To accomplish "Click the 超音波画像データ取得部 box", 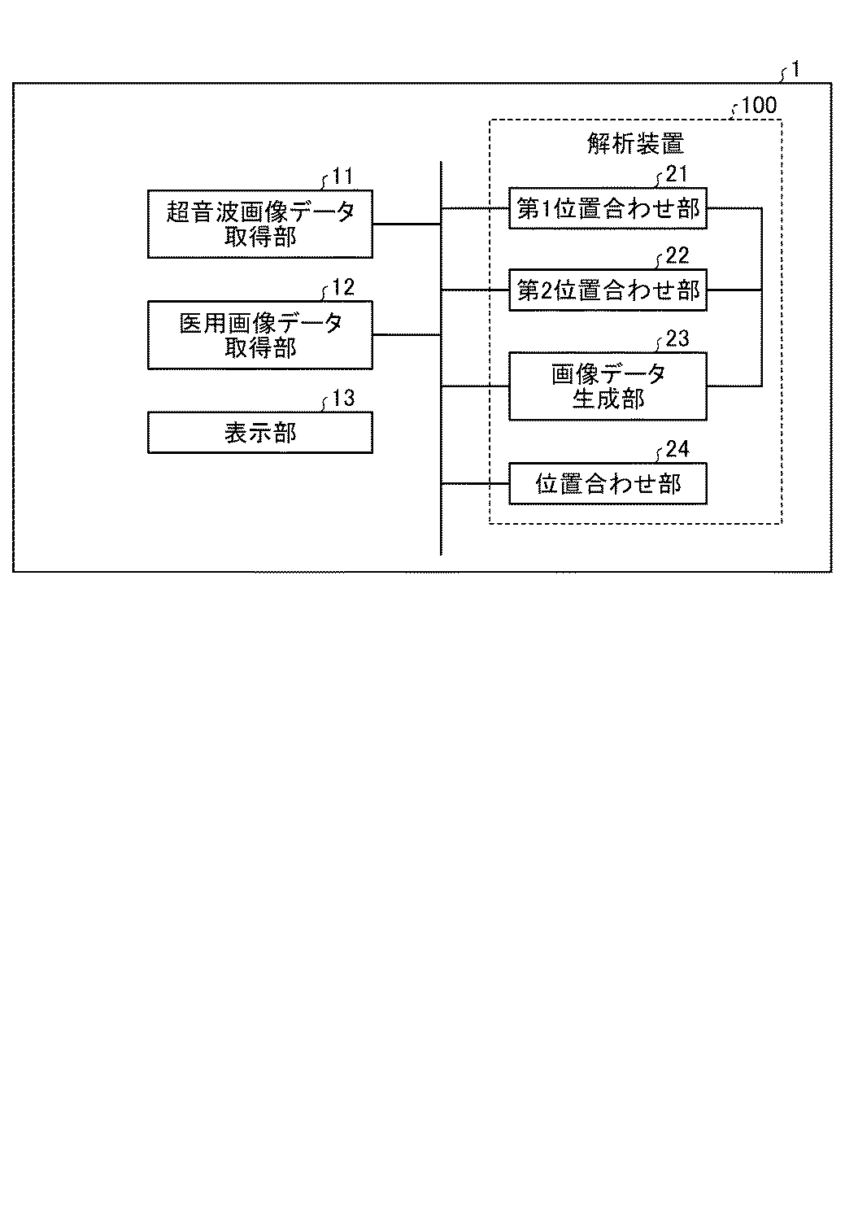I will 260,224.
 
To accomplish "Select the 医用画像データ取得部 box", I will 260,334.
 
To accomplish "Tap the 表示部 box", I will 260,432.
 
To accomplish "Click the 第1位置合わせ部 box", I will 608,208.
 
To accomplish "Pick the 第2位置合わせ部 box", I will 608,290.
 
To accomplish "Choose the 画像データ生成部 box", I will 608,386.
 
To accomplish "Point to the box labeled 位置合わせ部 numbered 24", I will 608,484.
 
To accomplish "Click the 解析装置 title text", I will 635,144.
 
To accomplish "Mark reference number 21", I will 677,173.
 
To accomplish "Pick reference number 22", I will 677,255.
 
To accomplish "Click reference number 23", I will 677,338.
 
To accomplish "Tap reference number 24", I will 677,449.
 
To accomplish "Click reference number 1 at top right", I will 795,70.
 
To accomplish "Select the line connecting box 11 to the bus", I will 407,224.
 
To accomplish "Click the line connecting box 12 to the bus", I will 407,334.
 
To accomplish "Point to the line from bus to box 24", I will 475,484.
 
